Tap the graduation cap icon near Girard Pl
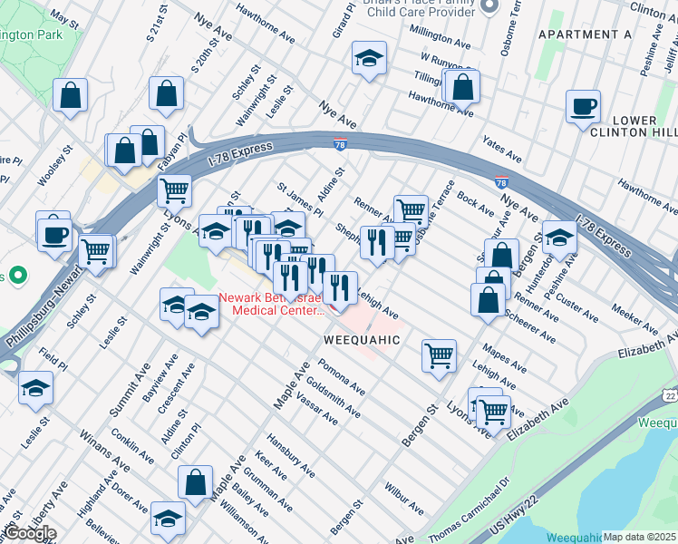click(x=369, y=60)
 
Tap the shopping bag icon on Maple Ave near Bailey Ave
click(x=195, y=483)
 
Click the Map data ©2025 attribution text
click(x=639, y=537)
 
